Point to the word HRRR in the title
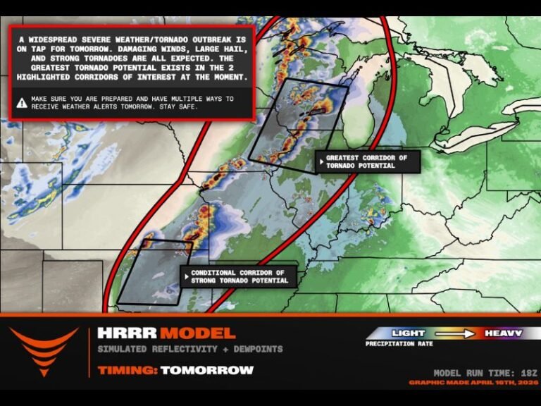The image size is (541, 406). [x=126, y=333]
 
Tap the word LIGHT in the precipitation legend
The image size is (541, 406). [x=408, y=333]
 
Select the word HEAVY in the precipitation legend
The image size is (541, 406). [x=502, y=333]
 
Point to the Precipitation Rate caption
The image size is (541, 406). [x=400, y=344]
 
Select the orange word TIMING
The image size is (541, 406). [x=127, y=370]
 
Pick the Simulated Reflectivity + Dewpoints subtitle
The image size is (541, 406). [x=189, y=349]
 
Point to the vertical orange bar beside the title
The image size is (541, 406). [x=89, y=350]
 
